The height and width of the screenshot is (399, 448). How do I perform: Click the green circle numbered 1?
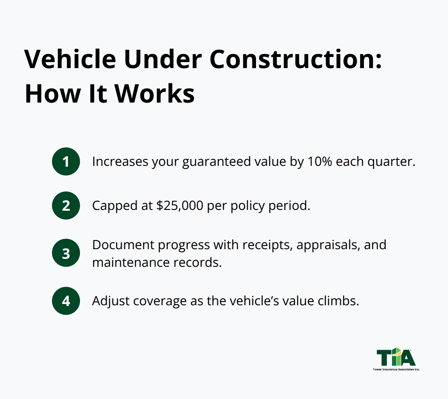(x=66, y=161)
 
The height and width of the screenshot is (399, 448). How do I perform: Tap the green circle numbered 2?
(x=66, y=206)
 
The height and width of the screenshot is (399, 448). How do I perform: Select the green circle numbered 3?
(x=66, y=253)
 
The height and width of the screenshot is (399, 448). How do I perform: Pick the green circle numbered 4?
(x=66, y=300)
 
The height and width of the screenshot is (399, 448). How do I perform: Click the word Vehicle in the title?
(x=70, y=60)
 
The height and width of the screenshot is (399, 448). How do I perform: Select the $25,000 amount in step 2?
(x=178, y=206)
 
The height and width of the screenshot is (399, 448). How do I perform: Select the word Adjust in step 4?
(x=108, y=300)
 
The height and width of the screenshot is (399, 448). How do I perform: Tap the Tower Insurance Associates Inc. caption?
(x=396, y=369)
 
